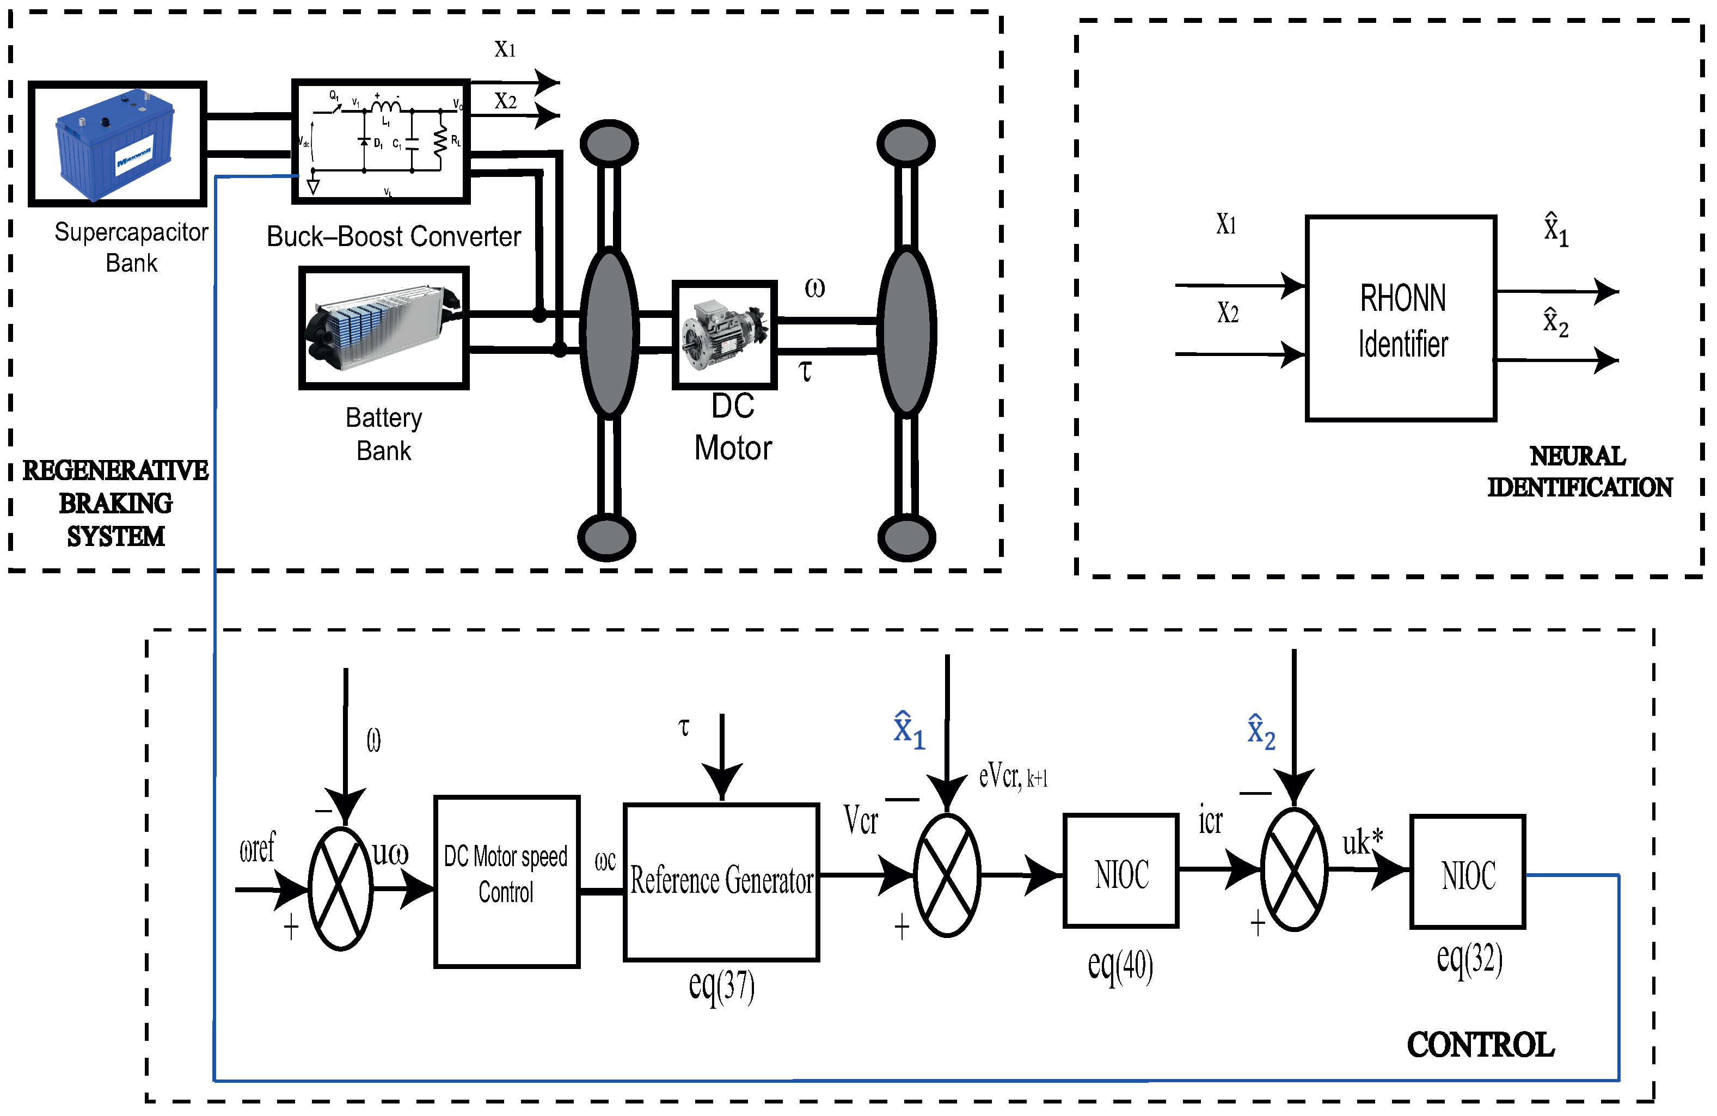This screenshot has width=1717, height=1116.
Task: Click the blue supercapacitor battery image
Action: click(115, 144)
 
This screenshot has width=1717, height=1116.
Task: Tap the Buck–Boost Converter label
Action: click(393, 237)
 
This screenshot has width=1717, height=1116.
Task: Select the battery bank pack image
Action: click(384, 328)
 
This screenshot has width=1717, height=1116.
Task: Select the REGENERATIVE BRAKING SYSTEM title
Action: click(115, 503)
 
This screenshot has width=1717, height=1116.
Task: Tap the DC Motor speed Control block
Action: click(506, 881)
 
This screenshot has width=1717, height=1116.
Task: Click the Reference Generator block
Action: click(721, 881)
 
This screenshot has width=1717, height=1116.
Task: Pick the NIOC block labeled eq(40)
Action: click(1120, 870)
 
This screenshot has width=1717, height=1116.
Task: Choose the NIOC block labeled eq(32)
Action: click(1467, 872)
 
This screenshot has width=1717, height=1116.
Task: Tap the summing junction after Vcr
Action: click(947, 875)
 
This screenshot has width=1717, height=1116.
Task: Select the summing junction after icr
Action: click(1293, 869)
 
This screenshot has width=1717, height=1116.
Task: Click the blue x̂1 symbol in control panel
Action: click(907, 730)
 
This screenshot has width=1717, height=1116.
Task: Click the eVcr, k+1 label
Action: click(1012, 777)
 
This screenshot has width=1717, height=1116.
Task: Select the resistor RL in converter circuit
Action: click(440, 142)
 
